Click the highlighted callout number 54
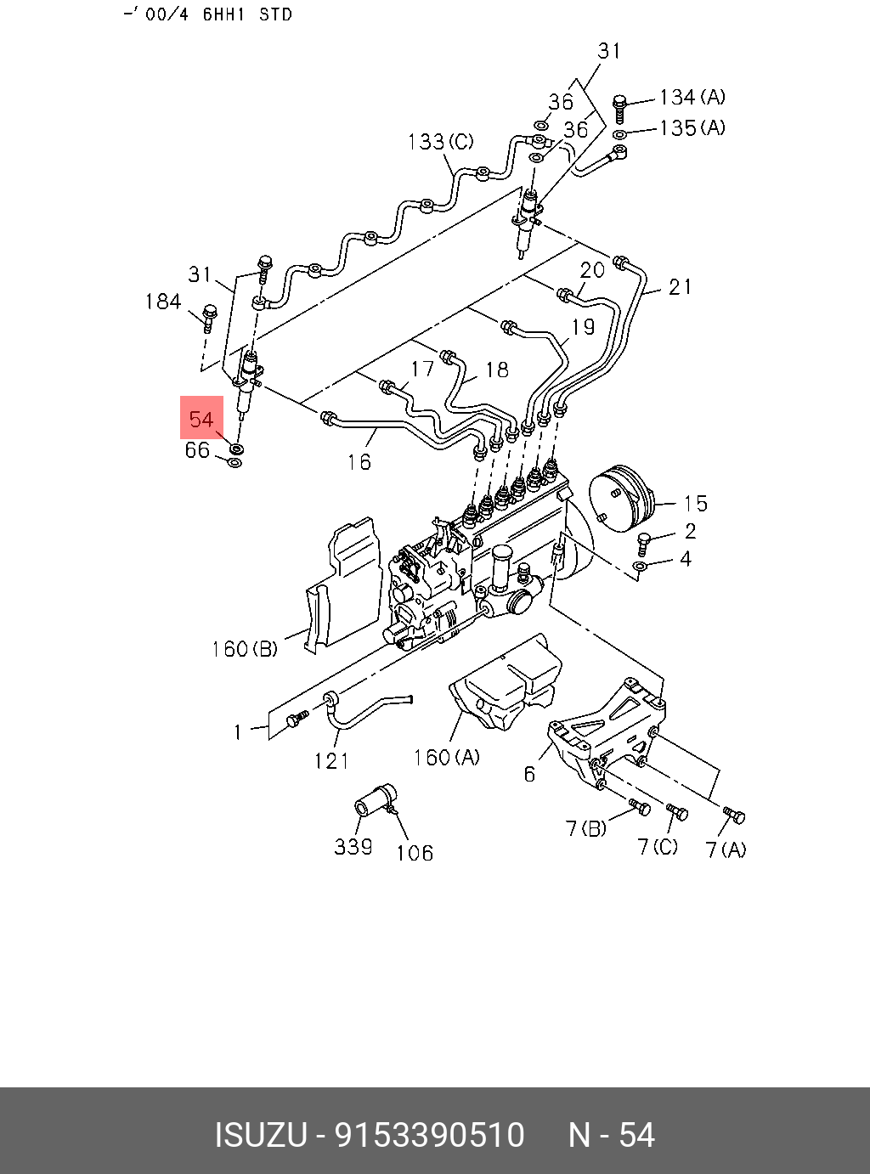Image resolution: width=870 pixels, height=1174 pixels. pos(201,419)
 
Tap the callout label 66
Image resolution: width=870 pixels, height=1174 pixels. pos(197,449)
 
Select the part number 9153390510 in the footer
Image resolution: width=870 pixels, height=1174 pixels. pos(430,1135)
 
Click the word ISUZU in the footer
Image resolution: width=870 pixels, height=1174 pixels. pos(261,1135)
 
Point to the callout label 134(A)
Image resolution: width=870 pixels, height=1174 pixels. pos(692,98)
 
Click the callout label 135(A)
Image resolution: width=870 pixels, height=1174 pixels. pos(692,127)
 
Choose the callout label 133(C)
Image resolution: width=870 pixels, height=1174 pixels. pos(440,142)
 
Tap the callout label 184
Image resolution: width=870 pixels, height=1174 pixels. pos(163,302)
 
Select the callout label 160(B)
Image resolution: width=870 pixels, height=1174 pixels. pos(245,649)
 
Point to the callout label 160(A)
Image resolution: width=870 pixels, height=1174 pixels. pos(446,756)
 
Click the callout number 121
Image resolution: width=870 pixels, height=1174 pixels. pos(331,760)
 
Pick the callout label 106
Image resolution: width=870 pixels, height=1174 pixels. pos(415,852)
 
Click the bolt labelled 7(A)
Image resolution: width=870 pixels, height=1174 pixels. pos(735,816)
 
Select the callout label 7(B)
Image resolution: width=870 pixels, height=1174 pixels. pos(586,827)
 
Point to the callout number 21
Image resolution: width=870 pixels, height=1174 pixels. pos(681,287)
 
